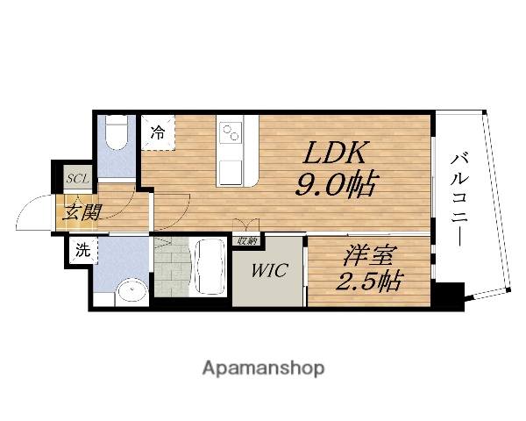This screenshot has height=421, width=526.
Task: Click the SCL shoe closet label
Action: point(78,179)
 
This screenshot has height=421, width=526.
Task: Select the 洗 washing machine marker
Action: point(82,250)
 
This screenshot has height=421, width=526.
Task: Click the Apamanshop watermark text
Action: point(263,367)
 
